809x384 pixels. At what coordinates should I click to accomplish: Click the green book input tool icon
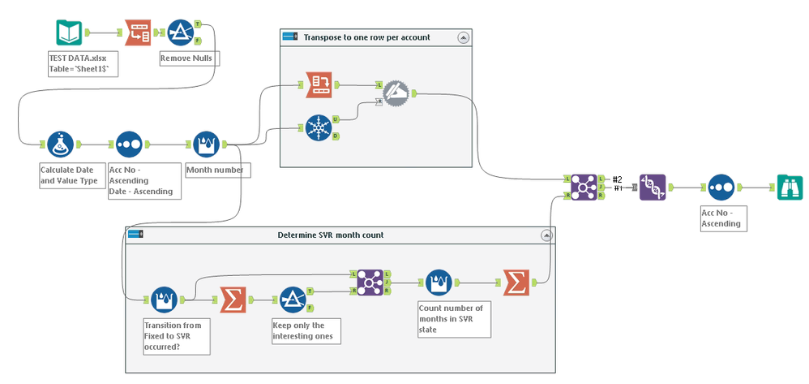click(x=69, y=32)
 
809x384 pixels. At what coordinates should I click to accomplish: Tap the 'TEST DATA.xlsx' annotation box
click(x=83, y=64)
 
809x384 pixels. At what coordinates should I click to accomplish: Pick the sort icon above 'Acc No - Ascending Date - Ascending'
click(x=130, y=144)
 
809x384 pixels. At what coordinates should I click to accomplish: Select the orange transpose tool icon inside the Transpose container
click(x=319, y=83)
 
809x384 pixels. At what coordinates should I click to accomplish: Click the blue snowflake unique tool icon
click(x=319, y=127)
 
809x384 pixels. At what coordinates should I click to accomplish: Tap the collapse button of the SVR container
click(x=544, y=235)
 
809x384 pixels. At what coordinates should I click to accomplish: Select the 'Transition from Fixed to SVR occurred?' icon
click(x=165, y=300)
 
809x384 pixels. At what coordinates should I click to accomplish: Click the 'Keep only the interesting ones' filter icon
click(x=293, y=300)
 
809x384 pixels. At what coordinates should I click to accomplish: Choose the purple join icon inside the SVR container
click(x=370, y=281)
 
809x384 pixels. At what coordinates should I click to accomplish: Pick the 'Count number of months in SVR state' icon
click(x=438, y=283)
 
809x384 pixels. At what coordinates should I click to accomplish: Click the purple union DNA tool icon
click(x=653, y=187)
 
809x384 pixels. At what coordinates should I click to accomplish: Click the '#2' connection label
click(x=617, y=179)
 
